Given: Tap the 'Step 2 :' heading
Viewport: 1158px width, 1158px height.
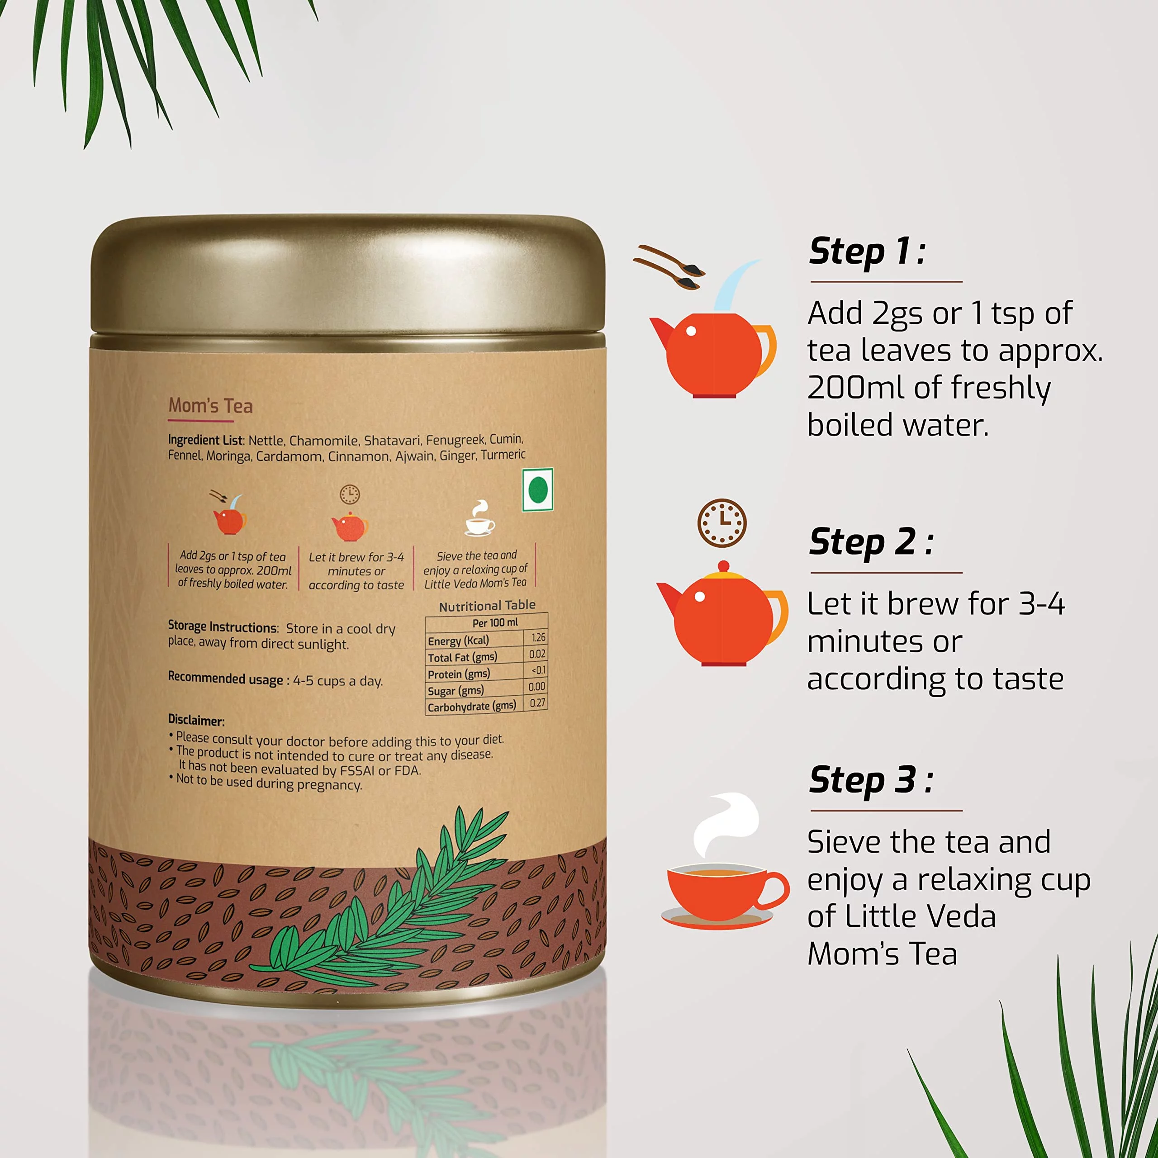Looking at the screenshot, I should coord(870,542).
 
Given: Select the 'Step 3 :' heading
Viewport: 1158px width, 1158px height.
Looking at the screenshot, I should coord(870,780).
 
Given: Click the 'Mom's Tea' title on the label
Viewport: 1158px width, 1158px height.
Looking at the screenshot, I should coord(210,406).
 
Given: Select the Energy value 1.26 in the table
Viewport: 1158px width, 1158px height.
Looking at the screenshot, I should coord(538,637).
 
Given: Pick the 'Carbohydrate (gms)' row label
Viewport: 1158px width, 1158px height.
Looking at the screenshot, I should coord(472,707).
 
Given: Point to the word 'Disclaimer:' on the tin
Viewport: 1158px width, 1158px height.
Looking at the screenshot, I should coord(196,720).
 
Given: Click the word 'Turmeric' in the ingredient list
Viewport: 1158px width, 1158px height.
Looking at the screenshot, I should coord(503,455).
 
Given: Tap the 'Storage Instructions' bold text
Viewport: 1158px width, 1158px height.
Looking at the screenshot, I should coord(223,627).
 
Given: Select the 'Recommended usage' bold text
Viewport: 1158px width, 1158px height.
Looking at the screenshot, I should coord(225,678).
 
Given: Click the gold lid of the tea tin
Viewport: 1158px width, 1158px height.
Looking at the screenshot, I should coord(348,276).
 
